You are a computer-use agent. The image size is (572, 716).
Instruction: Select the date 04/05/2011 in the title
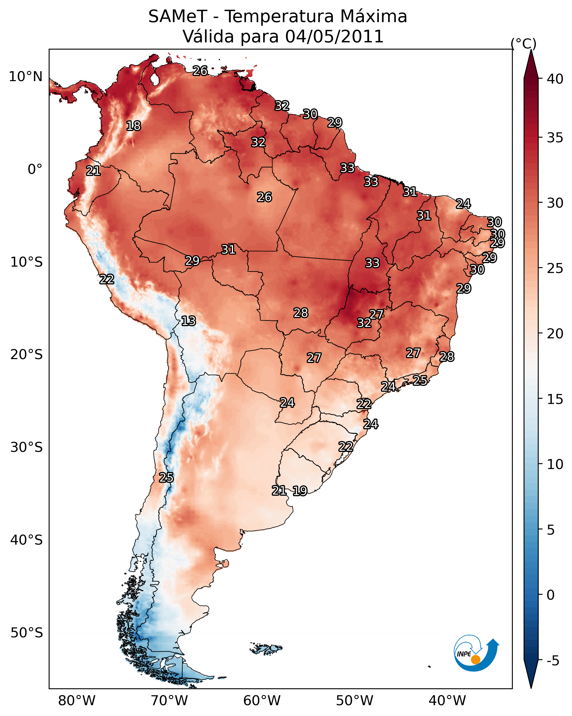(334, 37)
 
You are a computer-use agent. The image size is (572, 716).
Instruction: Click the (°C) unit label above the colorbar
(523, 44)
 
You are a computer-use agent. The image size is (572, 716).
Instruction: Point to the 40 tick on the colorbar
(555, 79)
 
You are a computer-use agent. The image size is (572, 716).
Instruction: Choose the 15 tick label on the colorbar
(555, 399)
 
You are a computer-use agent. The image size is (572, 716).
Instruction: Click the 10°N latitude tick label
(25, 77)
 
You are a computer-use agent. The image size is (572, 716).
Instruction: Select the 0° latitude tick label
(35, 169)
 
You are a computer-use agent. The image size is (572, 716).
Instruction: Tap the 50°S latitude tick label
(27, 633)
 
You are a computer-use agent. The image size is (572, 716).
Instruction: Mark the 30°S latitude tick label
(27, 447)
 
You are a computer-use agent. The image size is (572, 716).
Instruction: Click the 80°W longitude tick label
(77, 700)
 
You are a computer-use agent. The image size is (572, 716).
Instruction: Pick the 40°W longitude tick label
(447, 700)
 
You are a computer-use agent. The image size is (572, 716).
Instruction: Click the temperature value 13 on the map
(188, 321)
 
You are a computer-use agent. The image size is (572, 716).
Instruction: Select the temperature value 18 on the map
(133, 126)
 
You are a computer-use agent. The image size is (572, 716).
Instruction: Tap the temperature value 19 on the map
(300, 491)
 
